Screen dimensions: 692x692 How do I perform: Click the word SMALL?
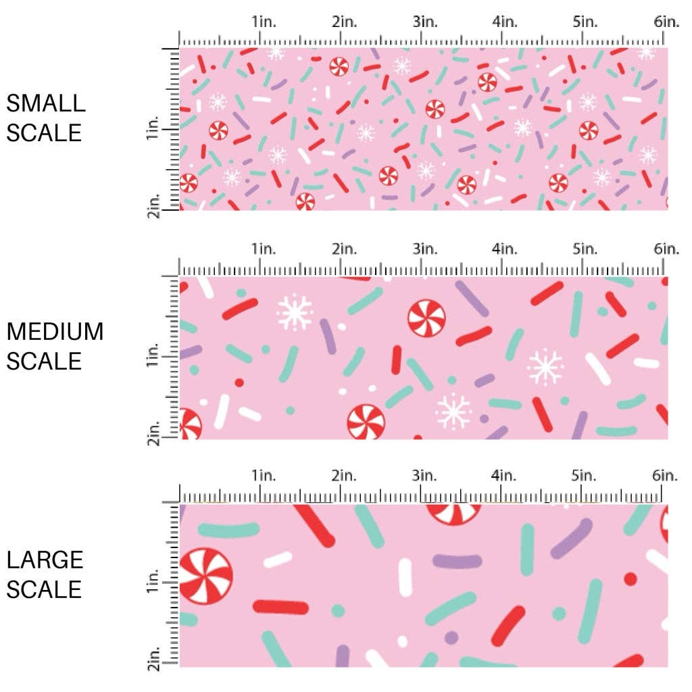(x=46, y=103)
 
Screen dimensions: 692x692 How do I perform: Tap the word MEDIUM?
(x=55, y=332)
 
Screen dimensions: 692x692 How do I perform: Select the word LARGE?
(x=45, y=560)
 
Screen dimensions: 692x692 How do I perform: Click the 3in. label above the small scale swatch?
(x=425, y=22)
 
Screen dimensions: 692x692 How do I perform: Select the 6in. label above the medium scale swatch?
(x=666, y=249)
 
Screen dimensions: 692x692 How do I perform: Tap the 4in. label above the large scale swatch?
(x=505, y=476)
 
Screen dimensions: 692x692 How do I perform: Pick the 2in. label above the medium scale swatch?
(x=345, y=249)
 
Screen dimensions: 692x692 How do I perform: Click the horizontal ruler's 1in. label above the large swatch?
(x=265, y=476)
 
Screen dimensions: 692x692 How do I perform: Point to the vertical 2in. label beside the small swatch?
(x=152, y=205)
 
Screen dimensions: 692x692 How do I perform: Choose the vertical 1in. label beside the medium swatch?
(x=152, y=355)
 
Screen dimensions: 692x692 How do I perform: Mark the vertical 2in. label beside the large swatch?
(x=152, y=660)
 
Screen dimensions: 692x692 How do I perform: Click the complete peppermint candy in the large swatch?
(x=205, y=576)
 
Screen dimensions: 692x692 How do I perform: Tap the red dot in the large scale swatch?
(x=631, y=578)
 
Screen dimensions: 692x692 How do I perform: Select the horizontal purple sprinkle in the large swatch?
(x=457, y=561)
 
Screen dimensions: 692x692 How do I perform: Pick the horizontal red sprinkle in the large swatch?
(x=281, y=607)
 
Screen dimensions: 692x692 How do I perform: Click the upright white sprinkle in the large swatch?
(x=405, y=577)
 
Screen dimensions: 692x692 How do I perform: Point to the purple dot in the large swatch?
(x=451, y=637)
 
